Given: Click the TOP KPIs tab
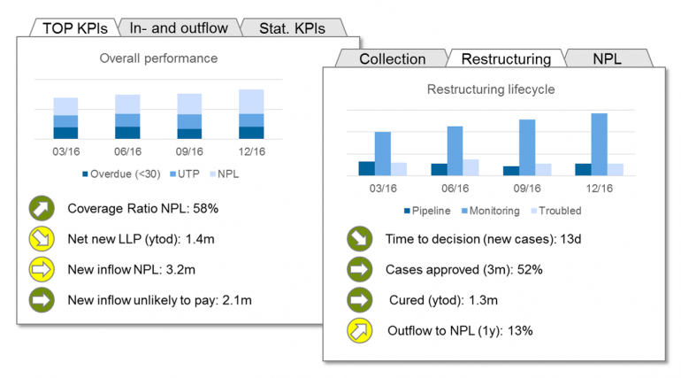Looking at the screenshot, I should click(x=74, y=28).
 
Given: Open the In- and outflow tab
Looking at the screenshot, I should click(x=179, y=28).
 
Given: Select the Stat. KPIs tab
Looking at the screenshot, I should click(x=292, y=28).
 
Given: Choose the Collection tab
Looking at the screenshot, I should click(x=392, y=59).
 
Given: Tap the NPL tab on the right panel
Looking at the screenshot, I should click(x=607, y=59).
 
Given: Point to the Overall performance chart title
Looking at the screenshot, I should click(x=158, y=58).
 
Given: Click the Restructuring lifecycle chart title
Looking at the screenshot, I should click(x=491, y=89).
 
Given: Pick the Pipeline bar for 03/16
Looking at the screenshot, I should click(x=366, y=168).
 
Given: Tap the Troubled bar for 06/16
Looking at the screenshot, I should click(x=471, y=167).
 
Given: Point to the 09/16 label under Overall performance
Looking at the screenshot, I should click(x=189, y=150).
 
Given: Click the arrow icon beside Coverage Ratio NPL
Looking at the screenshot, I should click(x=42, y=209).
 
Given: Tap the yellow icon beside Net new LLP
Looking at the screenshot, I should click(x=42, y=239).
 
